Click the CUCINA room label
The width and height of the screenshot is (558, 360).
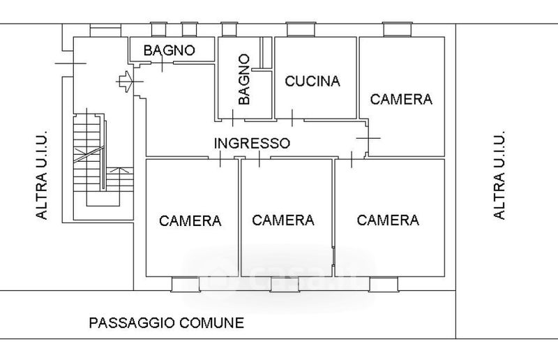pyautogui.click(x=312, y=80)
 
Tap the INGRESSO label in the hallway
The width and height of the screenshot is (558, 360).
pyautogui.click(x=252, y=143)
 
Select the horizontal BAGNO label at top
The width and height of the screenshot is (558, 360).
pyautogui.click(x=169, y=50)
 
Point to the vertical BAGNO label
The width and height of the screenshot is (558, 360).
pyautogui.click(x=243, y=80)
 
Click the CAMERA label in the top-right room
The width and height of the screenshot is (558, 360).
pyautogui.click(x=401, y=99)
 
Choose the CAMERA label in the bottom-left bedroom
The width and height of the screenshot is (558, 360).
pyautogui.click(x=190, y=221)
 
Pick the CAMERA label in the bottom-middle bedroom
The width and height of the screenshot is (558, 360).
pyautogui.click(x=283, y=220)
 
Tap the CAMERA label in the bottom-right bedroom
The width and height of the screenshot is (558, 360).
pyautogui.click(x=388, y=220)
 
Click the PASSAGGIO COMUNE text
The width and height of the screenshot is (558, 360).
pyautogui.click(x=166, y=323)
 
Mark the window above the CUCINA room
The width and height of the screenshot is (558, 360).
pyautogui.click(x=299, y=30)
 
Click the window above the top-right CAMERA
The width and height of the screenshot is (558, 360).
pyautogui.click(x=397, y=30)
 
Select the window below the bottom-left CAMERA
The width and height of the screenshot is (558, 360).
pyautogui.click(x=185, y=284)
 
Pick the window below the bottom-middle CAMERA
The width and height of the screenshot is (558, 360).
pyautogui.click(x=284, y=284)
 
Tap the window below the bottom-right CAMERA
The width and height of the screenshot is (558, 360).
pyautogui.click(x=383, y=284)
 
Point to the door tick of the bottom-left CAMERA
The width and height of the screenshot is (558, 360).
pyautogui.click(x=220, y=159)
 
